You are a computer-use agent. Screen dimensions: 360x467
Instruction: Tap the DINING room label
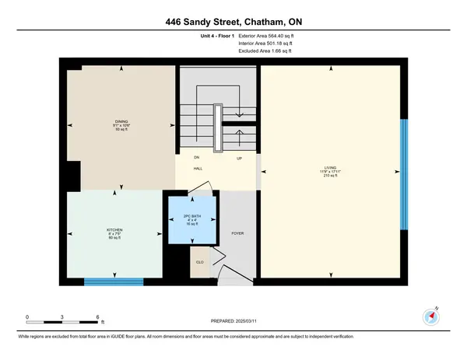[121, 122]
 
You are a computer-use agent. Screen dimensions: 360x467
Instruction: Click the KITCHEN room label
[114, 230]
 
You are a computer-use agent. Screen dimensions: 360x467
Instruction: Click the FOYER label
[238, 233]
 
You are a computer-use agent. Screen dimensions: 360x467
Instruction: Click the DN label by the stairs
[198, 157]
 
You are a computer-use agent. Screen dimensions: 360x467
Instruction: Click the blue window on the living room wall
[403, 173]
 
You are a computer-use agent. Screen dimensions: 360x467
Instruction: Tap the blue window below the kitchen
[109, 281]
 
